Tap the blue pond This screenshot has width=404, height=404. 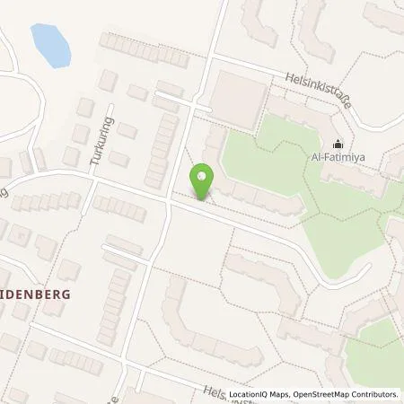point(50,44)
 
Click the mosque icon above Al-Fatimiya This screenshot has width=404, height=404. point(338,141)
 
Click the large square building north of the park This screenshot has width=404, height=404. point(238,96)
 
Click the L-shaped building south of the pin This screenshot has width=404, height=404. point(193,323)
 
